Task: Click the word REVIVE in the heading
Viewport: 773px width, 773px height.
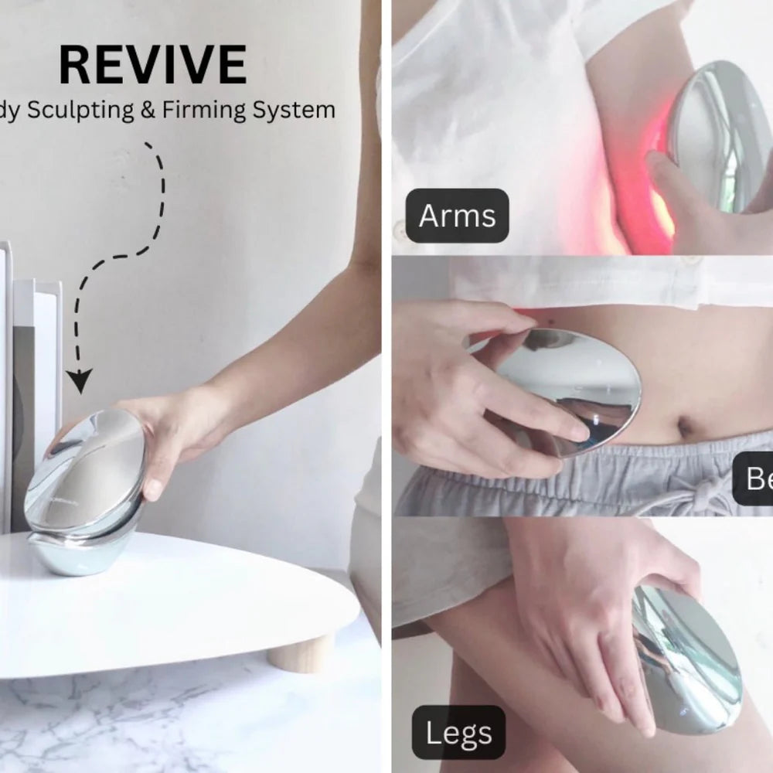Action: pos(152,66)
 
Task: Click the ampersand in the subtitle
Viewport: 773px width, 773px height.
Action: pos(147,111)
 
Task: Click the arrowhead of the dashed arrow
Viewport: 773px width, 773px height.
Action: pos(78,381)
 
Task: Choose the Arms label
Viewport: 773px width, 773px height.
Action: pos(457,216)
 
